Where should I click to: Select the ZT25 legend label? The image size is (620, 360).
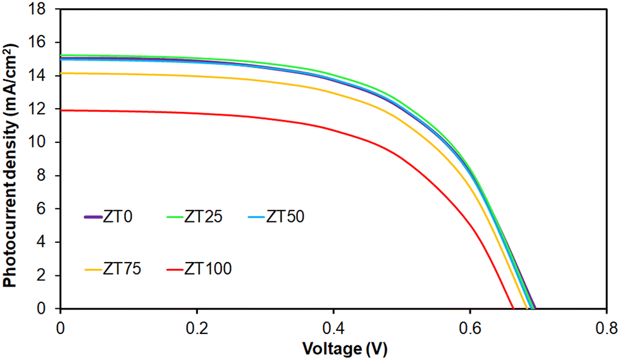[x=206, y=216]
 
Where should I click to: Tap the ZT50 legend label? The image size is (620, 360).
[x=285, y=216]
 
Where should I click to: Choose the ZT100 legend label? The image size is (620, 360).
[x=209, y=269]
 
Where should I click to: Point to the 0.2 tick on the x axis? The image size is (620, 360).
[x=197, y=328]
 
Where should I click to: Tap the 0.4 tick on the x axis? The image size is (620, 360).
[x=333, y=328]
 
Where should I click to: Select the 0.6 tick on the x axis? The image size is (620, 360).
[x=470, y=328]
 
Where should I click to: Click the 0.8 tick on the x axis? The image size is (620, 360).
[x=606, y=328]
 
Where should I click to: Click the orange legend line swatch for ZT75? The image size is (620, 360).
[x=94, y=270]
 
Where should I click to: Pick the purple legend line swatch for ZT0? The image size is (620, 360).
[x=94, y=217]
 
